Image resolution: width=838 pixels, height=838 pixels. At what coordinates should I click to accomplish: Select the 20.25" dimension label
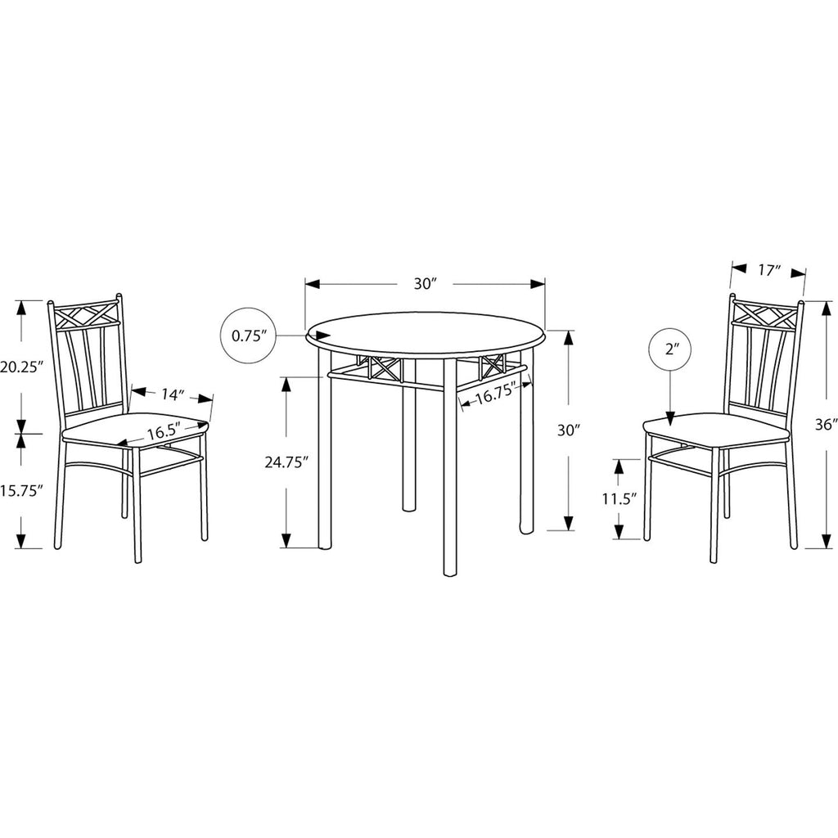21,367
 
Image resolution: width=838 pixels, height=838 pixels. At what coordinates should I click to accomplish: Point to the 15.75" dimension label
21,491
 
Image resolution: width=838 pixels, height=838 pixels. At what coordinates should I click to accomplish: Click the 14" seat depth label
172,395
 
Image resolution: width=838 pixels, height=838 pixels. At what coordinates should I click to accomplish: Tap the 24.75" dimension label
287,462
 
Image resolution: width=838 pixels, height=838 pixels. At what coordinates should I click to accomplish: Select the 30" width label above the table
426,284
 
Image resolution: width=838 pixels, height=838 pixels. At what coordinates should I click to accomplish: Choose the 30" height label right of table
569,430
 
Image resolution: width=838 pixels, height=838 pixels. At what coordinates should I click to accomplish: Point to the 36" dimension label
826,425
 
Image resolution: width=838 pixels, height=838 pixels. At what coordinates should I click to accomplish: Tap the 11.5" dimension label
620,499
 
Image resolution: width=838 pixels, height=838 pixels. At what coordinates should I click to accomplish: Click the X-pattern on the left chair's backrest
85,316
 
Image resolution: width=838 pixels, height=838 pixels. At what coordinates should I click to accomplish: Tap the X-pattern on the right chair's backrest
765,315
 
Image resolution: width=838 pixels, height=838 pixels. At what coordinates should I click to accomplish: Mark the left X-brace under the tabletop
381,368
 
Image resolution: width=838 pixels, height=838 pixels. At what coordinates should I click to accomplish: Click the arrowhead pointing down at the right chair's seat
670,420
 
